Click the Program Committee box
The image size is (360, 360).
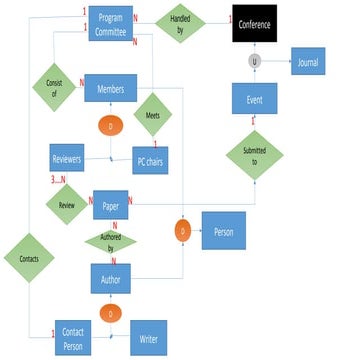click(110, 21)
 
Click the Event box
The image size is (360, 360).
click(253, 99)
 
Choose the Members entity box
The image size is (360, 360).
click(110, 89)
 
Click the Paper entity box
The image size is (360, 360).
click(110, 205)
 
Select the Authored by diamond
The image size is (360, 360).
click(110, 240)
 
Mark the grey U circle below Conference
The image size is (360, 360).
click(254, 60)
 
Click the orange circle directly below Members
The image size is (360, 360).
click(110, 127)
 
